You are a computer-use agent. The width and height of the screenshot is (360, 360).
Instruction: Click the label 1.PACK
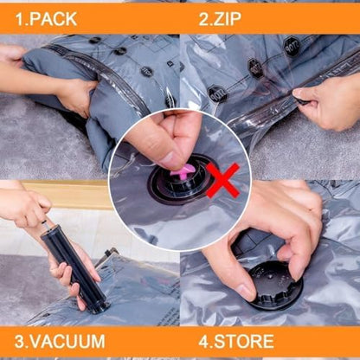(x=44, y=17)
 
